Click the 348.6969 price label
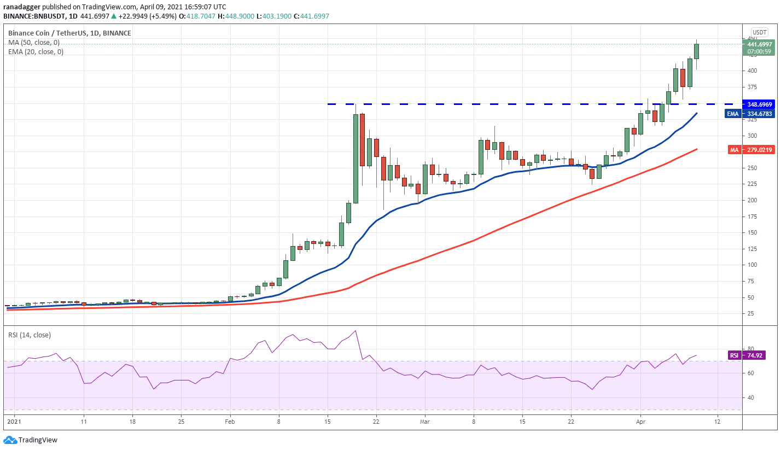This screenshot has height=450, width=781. (x=760, y=104)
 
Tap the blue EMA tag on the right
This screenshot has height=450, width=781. (x=733, y=114)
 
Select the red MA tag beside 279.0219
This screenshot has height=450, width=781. (x=733, y=149)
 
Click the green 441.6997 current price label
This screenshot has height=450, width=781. (x=760, y=44)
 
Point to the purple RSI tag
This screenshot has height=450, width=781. (x=733, y=355)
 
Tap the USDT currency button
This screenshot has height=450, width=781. (x=759, y=32)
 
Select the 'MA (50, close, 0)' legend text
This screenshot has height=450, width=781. (x=34, y=43)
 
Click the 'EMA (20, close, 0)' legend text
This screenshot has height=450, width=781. (x=36, y=52)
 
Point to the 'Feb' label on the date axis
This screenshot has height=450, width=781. (x=230, y=422)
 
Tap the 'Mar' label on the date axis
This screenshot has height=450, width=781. (x=424, y=422)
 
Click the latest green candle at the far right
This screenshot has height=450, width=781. (x=697, y=51)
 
